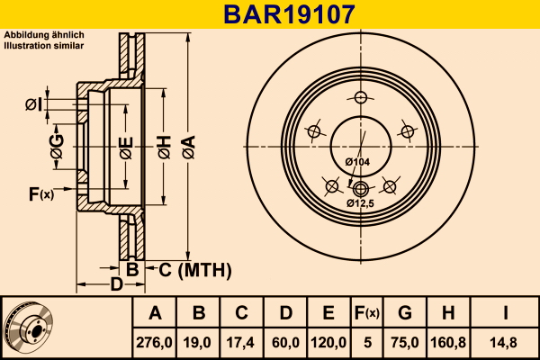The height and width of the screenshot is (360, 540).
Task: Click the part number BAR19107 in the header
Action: pyautogui.click(x=289, y=14)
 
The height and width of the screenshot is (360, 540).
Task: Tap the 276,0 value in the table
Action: pyautogui.click(x=154, y=342)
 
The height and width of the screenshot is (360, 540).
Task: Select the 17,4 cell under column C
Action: pyautogui.click(x=240, y=342)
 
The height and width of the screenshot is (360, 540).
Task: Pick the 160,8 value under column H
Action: pyautogui.click(x=448, y=342)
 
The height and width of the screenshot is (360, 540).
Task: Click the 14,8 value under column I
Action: pyautogui.click(x=503, y=342)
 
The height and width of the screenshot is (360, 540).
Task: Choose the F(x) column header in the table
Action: pyautogui.click(x=367, y=313)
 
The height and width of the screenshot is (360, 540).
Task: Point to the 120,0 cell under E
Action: pyautogui.click(x=328, y=342)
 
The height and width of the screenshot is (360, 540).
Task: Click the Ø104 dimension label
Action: pyautogui.click(x=357, y=162)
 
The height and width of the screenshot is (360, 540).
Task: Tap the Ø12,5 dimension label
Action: pyautogui.click(x=360, y=203)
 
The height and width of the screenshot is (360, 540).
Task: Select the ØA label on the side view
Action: pyautogui.click(x=189, y=147)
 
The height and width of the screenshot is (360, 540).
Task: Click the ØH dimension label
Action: pyautogui.click(x=165, y=147)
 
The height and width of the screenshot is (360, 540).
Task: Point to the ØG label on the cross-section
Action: pyautogui.click(x=57, y=147)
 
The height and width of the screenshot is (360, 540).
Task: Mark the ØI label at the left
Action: pyautogui.click(x=34, y=104)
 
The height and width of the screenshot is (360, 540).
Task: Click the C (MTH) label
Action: pyautogui.click(x=195, y=270)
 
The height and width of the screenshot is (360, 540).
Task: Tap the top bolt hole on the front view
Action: pyautogui.click(x=361, y=97)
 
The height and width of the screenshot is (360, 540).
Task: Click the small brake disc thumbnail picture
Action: pyautogui.click(x=28, y=327)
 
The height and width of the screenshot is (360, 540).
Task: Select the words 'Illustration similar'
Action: pyautogui.click(x=44, y=46)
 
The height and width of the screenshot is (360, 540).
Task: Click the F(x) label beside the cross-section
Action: pyautogui.click(x=41, y=194)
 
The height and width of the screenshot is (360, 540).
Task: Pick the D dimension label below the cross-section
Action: pyautogui.click(x=116, y=284)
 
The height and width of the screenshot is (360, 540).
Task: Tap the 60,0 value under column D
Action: pyautogui.click(x=285, y=342)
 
